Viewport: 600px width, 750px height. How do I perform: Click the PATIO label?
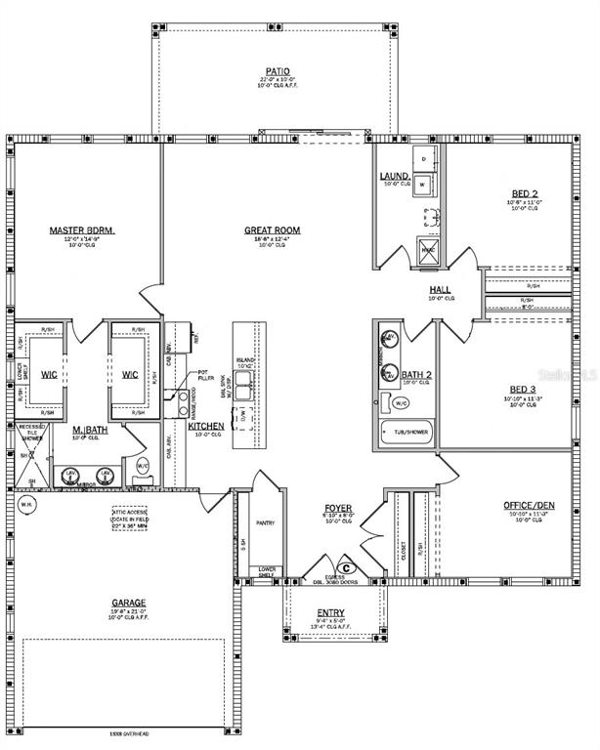click(x=275, y=71)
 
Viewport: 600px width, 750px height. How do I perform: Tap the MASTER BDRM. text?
click(x=82, y=230)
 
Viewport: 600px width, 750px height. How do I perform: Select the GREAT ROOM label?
click(x=272, y=230)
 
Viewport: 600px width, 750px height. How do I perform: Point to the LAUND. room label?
click(x=394, y=176)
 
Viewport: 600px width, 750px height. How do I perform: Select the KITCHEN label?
click(x=206, y=427)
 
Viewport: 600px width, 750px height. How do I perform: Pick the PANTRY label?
click(x=265, y=523)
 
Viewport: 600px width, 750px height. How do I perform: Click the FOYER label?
click(x=338, y=510)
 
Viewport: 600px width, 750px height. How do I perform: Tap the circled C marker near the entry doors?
click(x=345, y=567)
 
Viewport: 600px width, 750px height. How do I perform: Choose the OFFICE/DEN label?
click(x=530, y=505)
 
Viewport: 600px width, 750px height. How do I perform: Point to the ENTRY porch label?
click(x=330, y=612)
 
